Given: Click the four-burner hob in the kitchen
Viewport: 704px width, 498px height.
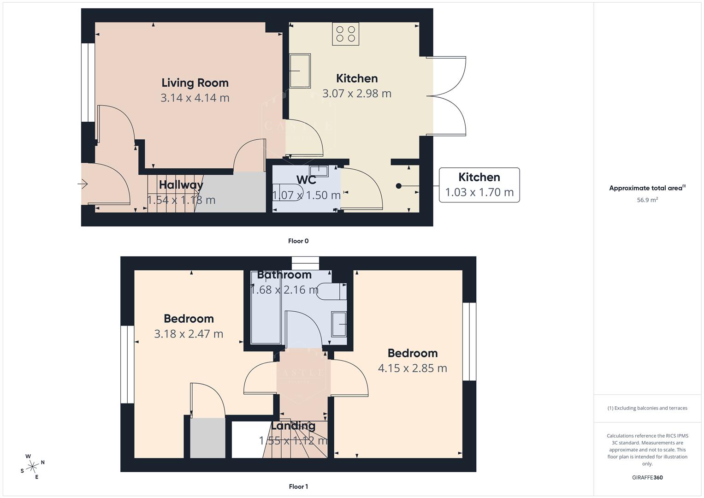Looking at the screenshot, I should click(x=346, y=34).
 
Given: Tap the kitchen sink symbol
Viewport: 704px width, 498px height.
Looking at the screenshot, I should click(x=300, y=71).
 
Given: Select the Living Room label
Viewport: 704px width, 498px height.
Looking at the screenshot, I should click(x=195, y=83).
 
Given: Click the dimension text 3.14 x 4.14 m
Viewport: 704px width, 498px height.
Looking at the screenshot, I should click(x=195, y=98).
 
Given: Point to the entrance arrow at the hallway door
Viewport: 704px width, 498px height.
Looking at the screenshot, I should click(x=83, y=184).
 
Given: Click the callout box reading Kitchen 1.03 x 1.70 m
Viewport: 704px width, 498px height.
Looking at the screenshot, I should click(x=479, y=185).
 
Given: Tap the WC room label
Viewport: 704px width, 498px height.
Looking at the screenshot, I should click(x=306, y=180).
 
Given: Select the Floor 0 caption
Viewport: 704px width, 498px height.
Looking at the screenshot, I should click(x=298, y=241).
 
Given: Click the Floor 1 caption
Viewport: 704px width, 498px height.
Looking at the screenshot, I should click(x=298, y=486).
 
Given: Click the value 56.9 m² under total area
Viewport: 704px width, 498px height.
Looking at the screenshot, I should click(x=647, y=200).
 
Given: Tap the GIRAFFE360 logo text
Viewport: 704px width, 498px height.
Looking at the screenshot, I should click(x=647, y=478).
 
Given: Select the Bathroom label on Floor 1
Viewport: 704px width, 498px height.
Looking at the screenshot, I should click(x=284, y=275).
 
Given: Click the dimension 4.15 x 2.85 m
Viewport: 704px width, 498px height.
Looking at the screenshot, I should click(x=412, y=368).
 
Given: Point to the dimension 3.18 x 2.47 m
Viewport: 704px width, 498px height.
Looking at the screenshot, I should click(x=188, y=334).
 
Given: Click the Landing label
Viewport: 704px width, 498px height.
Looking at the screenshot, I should click(x=293, y=426).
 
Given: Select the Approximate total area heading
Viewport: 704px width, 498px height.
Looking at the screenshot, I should click(x=647, y=188).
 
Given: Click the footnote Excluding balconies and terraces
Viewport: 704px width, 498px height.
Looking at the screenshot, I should click(x=647, y=408).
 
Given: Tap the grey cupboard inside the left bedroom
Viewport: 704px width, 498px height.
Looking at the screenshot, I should click(x=207, y=438).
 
